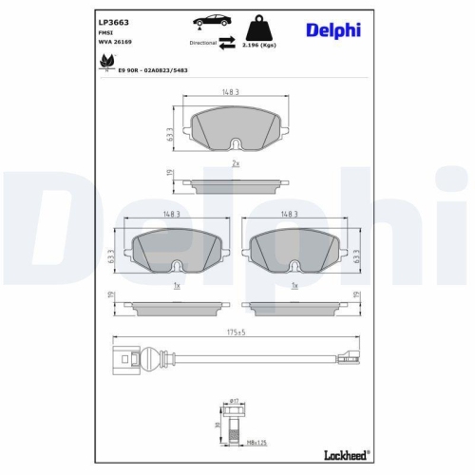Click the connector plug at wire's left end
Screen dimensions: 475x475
tap(120, 358)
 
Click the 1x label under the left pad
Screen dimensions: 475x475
tap(177, 284)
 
